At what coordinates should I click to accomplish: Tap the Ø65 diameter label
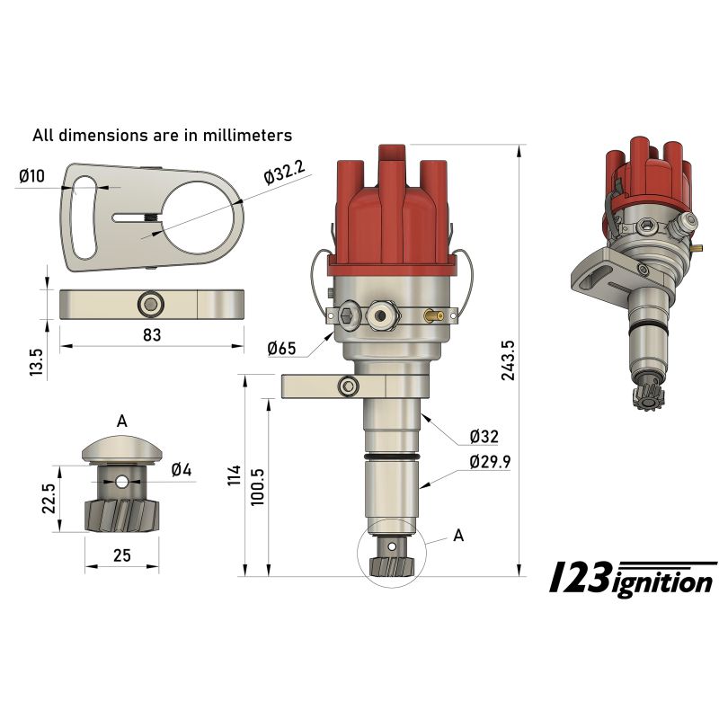[x=282, y=348]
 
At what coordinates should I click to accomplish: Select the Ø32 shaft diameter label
[x=484, y=438]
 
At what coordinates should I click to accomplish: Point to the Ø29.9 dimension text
[x=491, y=462]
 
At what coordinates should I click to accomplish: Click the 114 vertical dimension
[x=234, y=476]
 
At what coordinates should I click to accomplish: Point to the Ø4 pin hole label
[x=181, y=469]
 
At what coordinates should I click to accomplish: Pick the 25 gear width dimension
[x=122, y=555]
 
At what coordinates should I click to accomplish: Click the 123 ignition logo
[x=633, y=580]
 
